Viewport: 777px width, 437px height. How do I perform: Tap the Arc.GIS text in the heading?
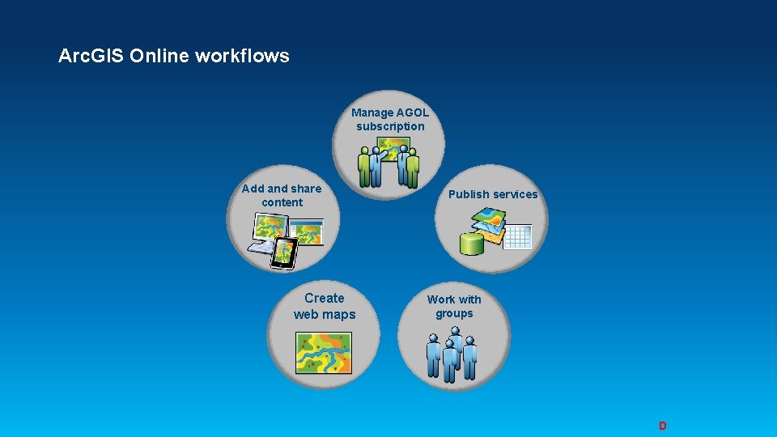click(91, 56)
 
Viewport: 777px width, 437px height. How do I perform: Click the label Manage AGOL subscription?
click(390, 120)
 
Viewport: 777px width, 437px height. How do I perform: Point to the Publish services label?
click(493, 194)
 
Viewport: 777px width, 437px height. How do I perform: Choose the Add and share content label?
click(282, 195)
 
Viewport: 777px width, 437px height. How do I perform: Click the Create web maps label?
click(324, 306)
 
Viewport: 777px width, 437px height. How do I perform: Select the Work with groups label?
click(454, 306)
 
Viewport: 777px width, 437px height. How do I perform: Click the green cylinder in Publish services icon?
click(471, 243)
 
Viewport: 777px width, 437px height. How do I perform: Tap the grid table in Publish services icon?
click(516, 236)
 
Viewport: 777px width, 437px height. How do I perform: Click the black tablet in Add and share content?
click(283, 253)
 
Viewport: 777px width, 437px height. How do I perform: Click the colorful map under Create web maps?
click(324, 352)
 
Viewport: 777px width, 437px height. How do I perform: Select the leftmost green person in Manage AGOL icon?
click(365, 167)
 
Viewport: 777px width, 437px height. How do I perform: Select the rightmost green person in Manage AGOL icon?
click(413, 168)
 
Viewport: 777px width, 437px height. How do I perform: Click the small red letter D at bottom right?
click(662, 426)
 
